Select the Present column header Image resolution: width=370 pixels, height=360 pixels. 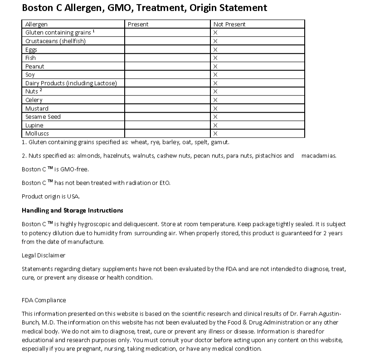pyautogui.click(x=138, y=24)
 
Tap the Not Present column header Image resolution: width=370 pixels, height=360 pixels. pyautogui.click(x=229, y=24)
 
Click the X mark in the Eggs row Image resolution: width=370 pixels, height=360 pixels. pyautogui.click(x=215, y=50)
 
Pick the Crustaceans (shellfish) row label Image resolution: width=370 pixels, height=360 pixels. pyautogui.click(x=55, y=41)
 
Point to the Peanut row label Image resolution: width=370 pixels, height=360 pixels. pyautogui.click(x=35, y=67)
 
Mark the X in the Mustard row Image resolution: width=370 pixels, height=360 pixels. pyautogui.click(x=215, y=109)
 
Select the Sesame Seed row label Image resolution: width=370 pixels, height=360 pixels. pyautogui.click(x=43, y=117)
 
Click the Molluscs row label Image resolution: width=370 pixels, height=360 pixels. pyautogui.click(x=37, y=134)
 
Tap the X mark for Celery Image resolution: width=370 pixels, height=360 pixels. pyautogui.click(x=215, y=100)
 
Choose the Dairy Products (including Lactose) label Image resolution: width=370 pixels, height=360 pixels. pyautogui.click(x=71, y=83)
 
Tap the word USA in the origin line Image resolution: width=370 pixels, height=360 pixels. pyautogui.click(x=73, y=197)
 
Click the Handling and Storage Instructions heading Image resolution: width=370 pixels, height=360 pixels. pyautogui.click(x=73, y=211)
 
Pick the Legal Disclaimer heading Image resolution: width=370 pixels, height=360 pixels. pyautogui.click(x=44, y=255)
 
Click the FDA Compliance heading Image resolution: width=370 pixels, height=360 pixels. pyautogui.click(x=44, y=300)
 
